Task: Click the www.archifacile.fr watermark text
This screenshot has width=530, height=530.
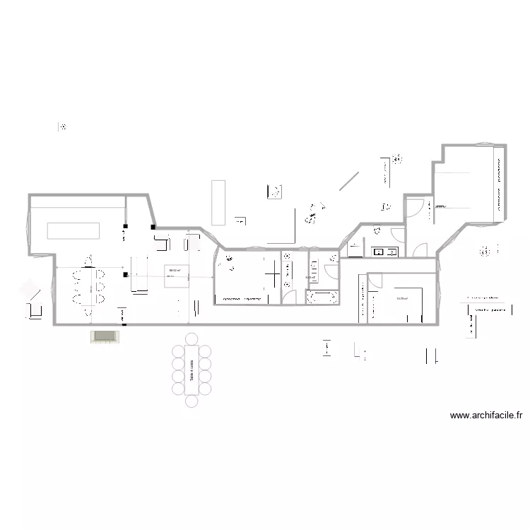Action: (x=485, y=416)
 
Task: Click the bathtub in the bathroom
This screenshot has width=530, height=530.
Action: (x=322, y=298)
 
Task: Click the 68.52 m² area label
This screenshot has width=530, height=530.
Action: (x=174, y=269)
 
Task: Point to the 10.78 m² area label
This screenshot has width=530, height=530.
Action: (x=402, y=298)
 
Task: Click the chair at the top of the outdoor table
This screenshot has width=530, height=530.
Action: (x=191, y=338)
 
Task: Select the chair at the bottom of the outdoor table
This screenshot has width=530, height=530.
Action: (x=191, y=401)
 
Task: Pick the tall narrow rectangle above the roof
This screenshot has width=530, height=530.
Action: (x=218, y=202)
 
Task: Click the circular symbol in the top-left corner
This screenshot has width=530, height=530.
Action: (x=63, y=128)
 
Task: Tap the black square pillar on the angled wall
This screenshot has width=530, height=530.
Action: (x=153, y=227)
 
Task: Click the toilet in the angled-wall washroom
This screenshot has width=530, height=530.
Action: (x=377, y=229)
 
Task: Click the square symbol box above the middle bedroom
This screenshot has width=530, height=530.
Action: (x=275, y=191)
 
